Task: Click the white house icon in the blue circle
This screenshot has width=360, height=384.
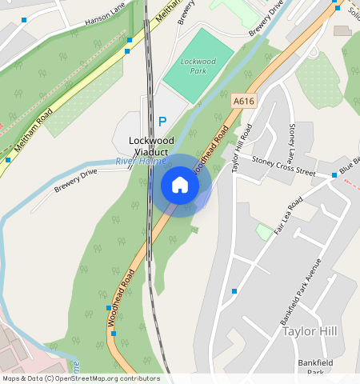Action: (x=180, y=185)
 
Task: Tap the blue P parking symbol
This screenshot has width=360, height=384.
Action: (x=162, y=122)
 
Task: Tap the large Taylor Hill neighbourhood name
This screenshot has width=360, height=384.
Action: (x=310, y=331)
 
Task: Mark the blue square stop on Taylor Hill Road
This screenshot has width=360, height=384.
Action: (x=234, y=291)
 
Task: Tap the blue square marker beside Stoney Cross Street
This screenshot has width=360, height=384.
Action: (x=334, y=174)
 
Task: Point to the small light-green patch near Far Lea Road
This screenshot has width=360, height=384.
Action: (x=264, y=232)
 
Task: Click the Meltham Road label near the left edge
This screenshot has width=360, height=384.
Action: (x=34, y=130)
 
